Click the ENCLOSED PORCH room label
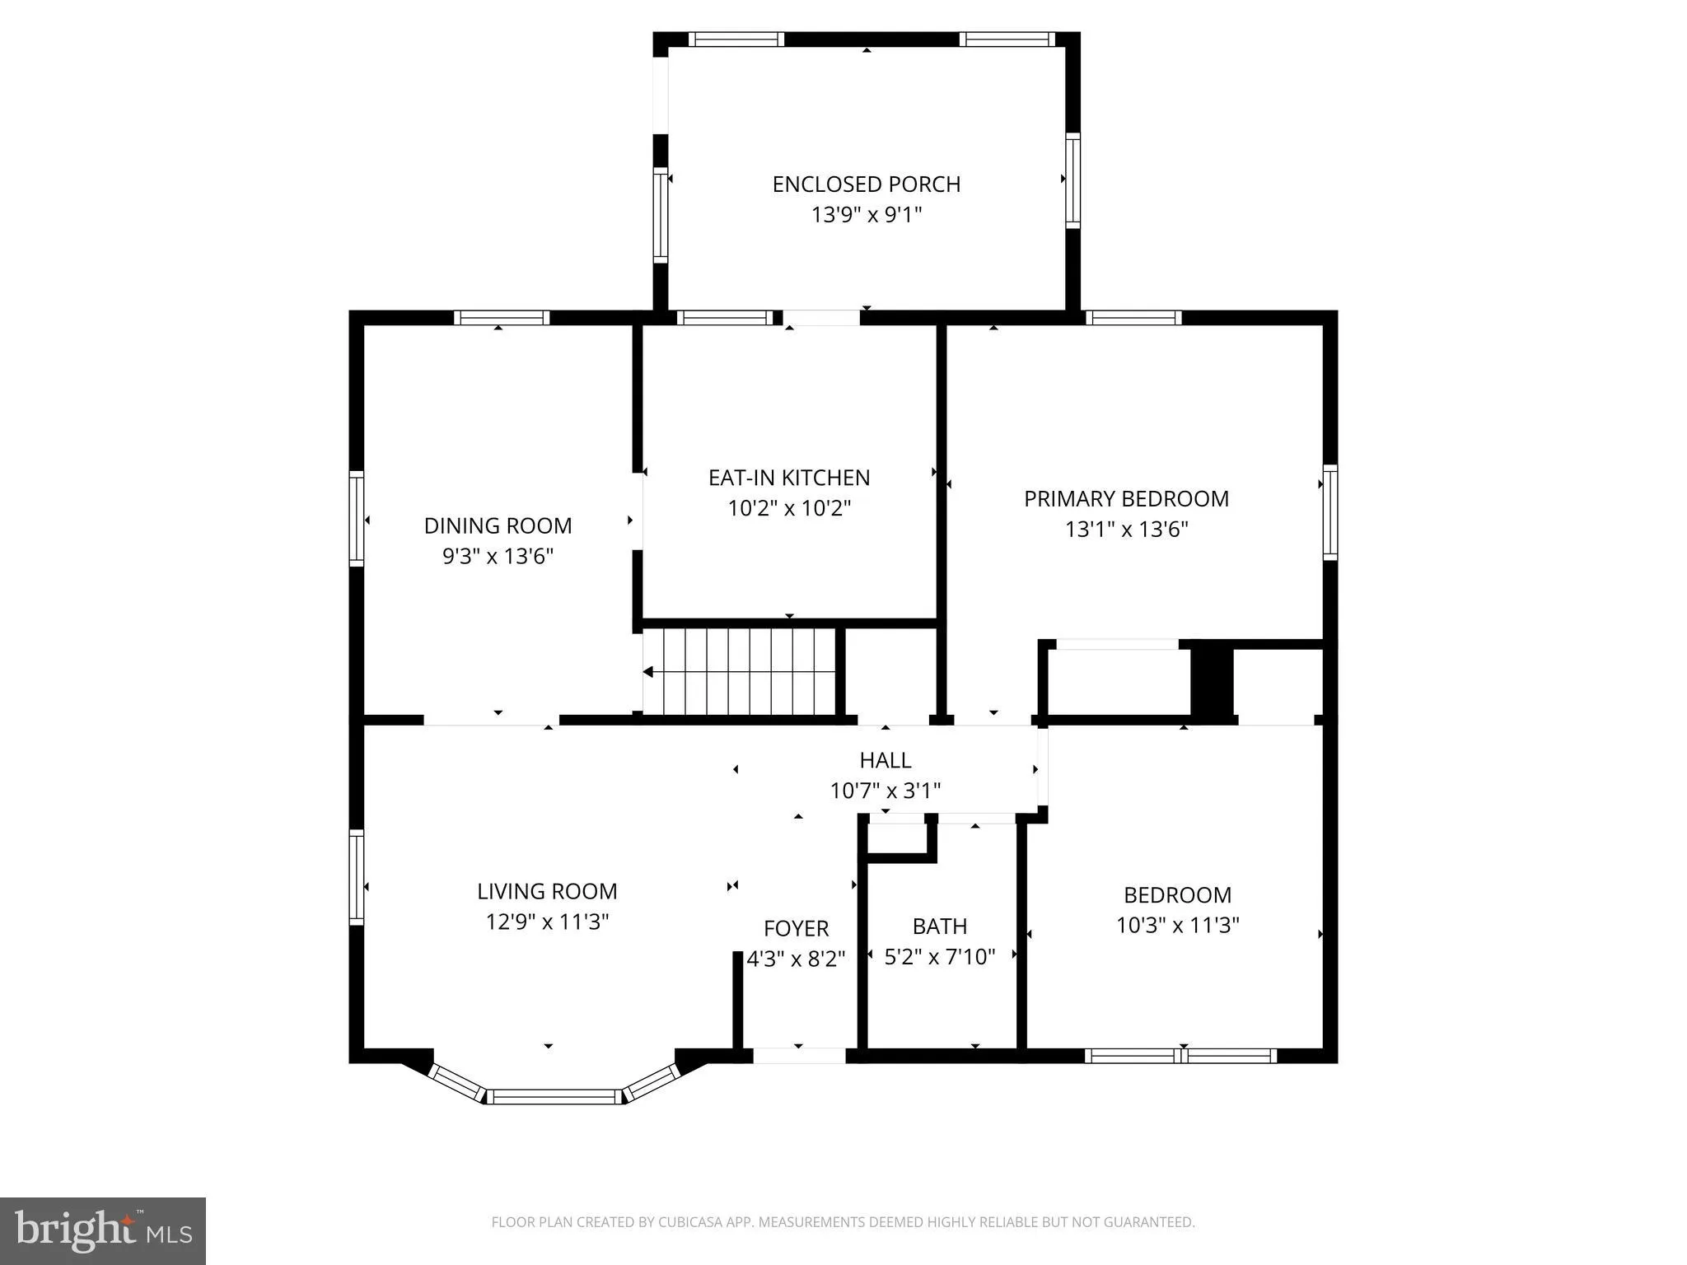tap(866, 184)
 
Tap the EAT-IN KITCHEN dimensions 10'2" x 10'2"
tap(788, 508)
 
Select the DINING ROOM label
tap(498, 525)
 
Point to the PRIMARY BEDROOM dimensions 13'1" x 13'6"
tap(1126, 529)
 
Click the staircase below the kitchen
tap(739, 672)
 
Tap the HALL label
tap(885, 760)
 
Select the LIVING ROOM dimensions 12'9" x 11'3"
tap(547, 922)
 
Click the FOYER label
tap(796, 928)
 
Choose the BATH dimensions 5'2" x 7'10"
tap(939, 957)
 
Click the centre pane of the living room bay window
tap(554, 1096)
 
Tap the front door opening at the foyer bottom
tap(799, 1056)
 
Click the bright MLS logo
tap(103, 1231)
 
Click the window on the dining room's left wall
tap(357, 518)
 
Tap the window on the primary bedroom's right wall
tap(1330, 512)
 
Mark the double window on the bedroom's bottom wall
tap(1180, 1056)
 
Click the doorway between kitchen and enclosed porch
tap(820, 318)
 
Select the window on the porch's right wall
tap(1072, 180)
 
